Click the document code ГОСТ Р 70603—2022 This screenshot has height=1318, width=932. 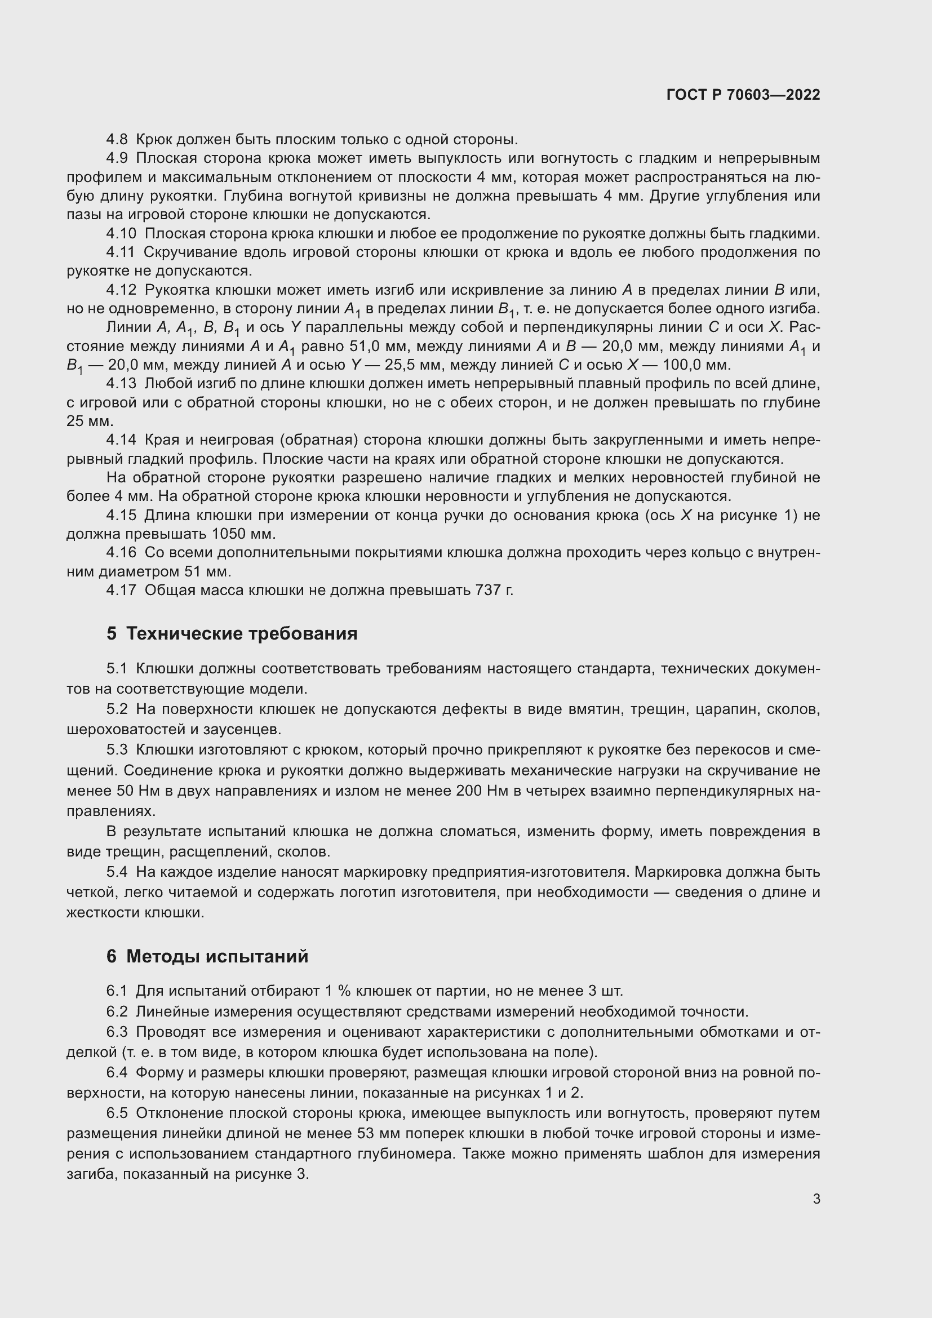(x=743, y=95)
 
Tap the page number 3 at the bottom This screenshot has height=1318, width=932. (x=816, y=1199)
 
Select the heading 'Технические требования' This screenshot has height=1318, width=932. (x=241, y=634)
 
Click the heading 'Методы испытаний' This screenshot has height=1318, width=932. (x=217, y=956)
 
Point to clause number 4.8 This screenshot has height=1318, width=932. (x=118, y=140)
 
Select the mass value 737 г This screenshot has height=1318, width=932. (x=494, y=590)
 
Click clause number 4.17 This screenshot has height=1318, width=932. (x=122, y=590)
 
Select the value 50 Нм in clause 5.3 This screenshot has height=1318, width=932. (x=133, y=791)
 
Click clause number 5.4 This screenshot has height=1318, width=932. (x=117, y=872)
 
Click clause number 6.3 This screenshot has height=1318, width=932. (x=117, y=1032)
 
